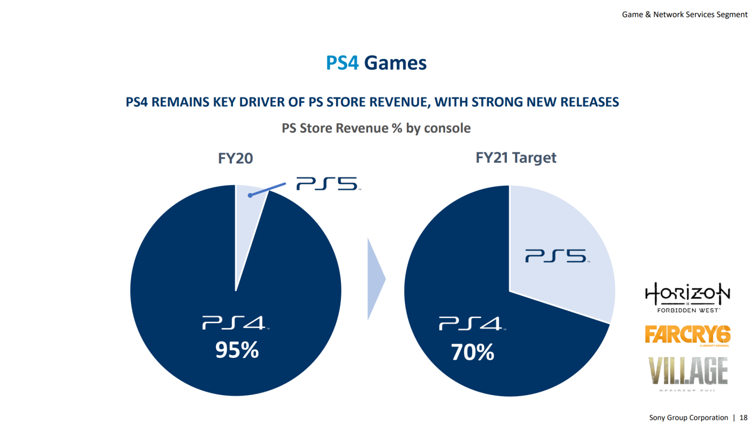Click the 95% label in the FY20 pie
coord(237,351)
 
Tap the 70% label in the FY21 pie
coord(473,353)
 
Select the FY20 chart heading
coord(236,158)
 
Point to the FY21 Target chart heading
coord(516,157)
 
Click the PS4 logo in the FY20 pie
coord(236,323)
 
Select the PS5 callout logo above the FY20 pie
coord(327,184)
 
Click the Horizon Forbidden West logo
coord(687,298)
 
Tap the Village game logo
coord(688,372)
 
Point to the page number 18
coord(744,418)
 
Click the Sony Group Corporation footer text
coord(689,418)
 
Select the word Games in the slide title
coord(395,63)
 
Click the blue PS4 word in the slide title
coord(342,63)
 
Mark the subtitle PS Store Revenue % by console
coord(376,128)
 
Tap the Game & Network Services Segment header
coord(684,15)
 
